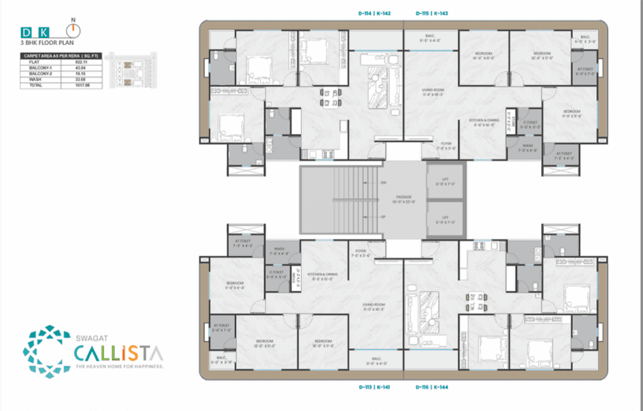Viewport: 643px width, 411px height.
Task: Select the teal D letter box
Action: tap(27, 33)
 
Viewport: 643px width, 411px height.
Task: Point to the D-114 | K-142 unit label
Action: tap(374, 13)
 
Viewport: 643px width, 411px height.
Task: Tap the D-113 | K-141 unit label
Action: tap(374, 385)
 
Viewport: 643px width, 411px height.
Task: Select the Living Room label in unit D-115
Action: tap(433, 92)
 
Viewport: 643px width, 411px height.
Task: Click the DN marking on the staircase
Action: tap(383, 182)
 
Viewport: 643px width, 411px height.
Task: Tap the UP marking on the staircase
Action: tap(383, 216)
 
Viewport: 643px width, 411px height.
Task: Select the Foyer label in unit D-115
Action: tap(447, 143)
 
